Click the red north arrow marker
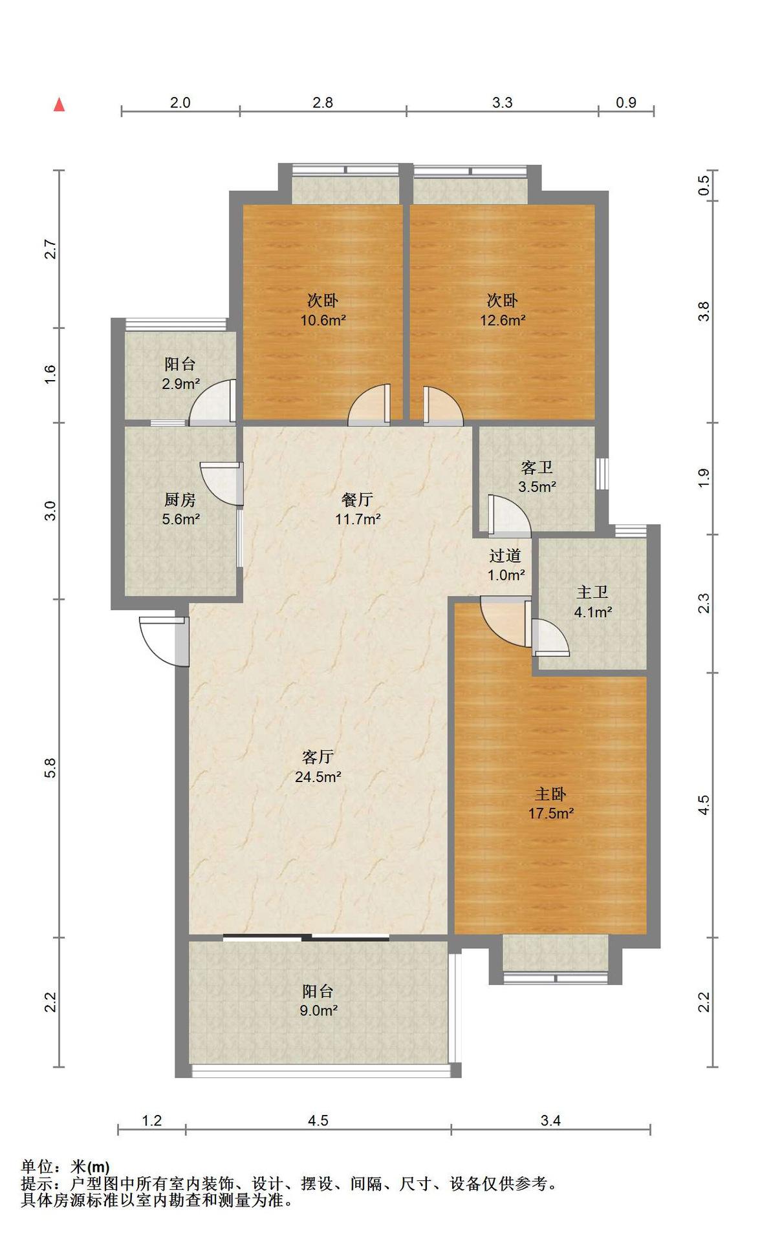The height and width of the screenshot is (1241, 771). [59, 104]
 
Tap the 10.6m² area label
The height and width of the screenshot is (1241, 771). [323, 320]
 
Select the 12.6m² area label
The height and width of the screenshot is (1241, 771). [502, 320]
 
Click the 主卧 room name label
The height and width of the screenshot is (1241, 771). [550, 794]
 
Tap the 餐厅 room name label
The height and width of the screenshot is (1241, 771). [357, 500]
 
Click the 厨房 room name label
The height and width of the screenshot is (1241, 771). [180, 500]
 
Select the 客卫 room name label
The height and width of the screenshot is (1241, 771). [537, 467]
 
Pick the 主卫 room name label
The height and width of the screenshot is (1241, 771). [592, 592]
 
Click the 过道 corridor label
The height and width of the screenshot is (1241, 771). [505, 556]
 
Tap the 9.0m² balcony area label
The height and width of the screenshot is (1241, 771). [318, 1010]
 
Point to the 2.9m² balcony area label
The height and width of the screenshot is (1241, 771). [180, 384]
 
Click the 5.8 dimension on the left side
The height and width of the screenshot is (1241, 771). [51, 768]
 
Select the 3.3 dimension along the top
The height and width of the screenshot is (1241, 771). [502, 102]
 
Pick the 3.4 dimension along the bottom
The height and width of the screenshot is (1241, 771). [550, 1120]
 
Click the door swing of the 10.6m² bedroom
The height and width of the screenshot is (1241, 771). [369, 405]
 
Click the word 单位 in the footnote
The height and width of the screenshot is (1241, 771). [37, 1167]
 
